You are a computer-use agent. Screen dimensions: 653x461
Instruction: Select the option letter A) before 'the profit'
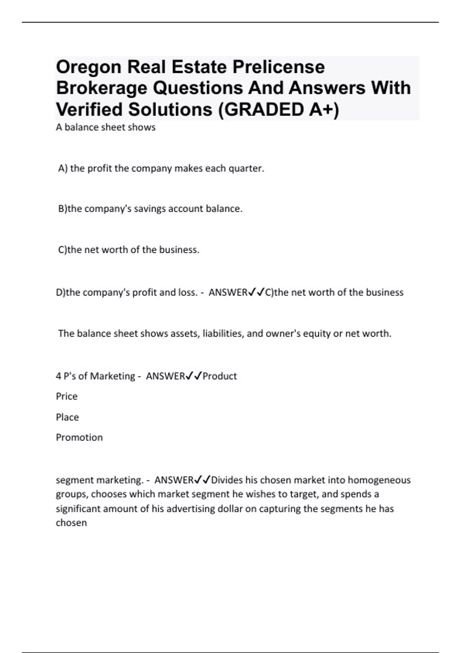(x=63, y=169)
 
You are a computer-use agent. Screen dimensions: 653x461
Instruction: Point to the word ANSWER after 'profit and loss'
(x=228, y=293)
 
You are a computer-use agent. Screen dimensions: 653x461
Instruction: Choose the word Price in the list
(x=66, y=396)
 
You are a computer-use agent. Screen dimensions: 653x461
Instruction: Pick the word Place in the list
(x=67, y=417)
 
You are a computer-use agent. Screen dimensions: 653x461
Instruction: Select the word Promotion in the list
(x=79, y=438)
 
